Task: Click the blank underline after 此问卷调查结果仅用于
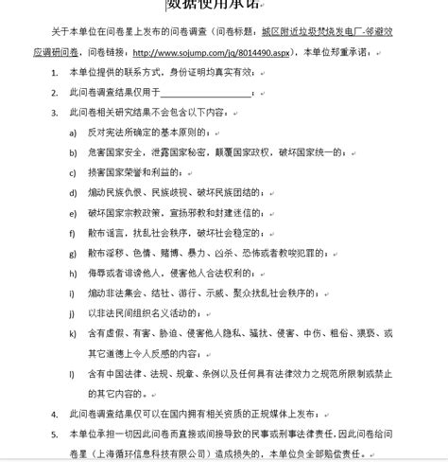[206, 92]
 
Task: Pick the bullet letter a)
[73, 133]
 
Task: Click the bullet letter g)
[73, 254]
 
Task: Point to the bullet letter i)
[72, 293]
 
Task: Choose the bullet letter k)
[73, 333]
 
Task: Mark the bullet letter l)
[72, 373]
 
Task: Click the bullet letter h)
[73, 273]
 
